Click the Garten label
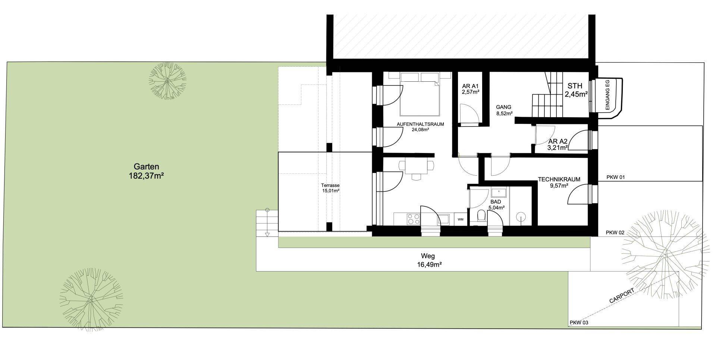pos(147,167)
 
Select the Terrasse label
pos(330,185)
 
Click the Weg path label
pos(428,256)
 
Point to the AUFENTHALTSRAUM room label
pos(420,124)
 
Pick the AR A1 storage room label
pos(470,85)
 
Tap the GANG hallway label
pos(504,107)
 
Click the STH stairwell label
pos(575,86)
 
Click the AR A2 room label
pos(558,141)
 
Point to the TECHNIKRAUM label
pos(559,179)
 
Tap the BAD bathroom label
pos(496,202)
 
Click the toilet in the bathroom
pos(481,216)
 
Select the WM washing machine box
pos(461,219)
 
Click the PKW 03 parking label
pos(579,323)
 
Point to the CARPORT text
pos(622,295)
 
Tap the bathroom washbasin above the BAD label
pos(498,193)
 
